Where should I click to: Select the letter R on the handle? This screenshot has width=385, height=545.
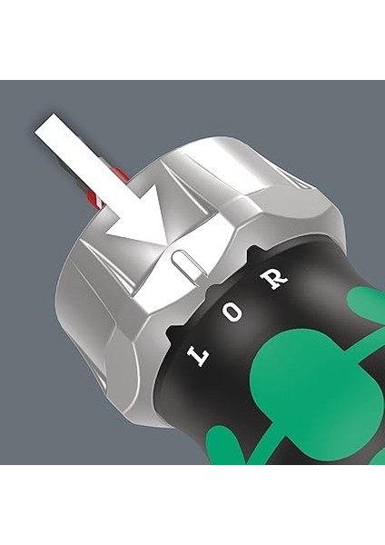point(273,277)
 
